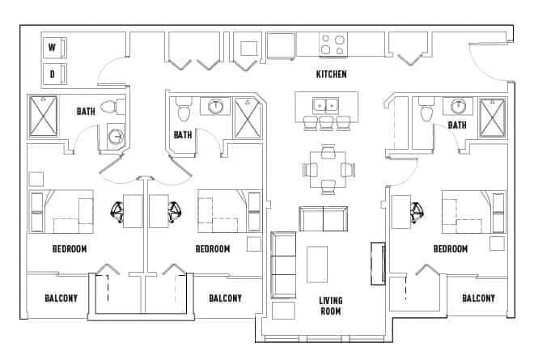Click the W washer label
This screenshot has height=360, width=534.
(x=53, y=49)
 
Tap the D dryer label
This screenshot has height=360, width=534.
(x=53, y=75)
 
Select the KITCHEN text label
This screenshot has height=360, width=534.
(x=331, y=74)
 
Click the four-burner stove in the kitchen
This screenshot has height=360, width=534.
(x=333, y=44)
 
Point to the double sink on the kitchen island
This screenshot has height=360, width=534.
(x=327, y=104)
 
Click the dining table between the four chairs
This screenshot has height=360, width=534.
(x=328, y=169)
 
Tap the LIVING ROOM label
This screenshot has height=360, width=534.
(x=330, y=306)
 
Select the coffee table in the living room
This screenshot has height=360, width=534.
(x=317, y=264)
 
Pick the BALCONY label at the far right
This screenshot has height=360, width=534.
(x=478, y=299)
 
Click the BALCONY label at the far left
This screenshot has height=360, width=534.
(x=61, y=299)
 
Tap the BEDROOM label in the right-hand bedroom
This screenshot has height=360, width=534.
(x=450, y=249)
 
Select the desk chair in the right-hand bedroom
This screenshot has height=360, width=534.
(x=417, y=213)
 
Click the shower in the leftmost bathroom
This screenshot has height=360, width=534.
(x=45, y=114)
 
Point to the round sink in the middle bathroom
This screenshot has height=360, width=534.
(x=216, y=105)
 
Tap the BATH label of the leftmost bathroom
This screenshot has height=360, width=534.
(x=87, y=112)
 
